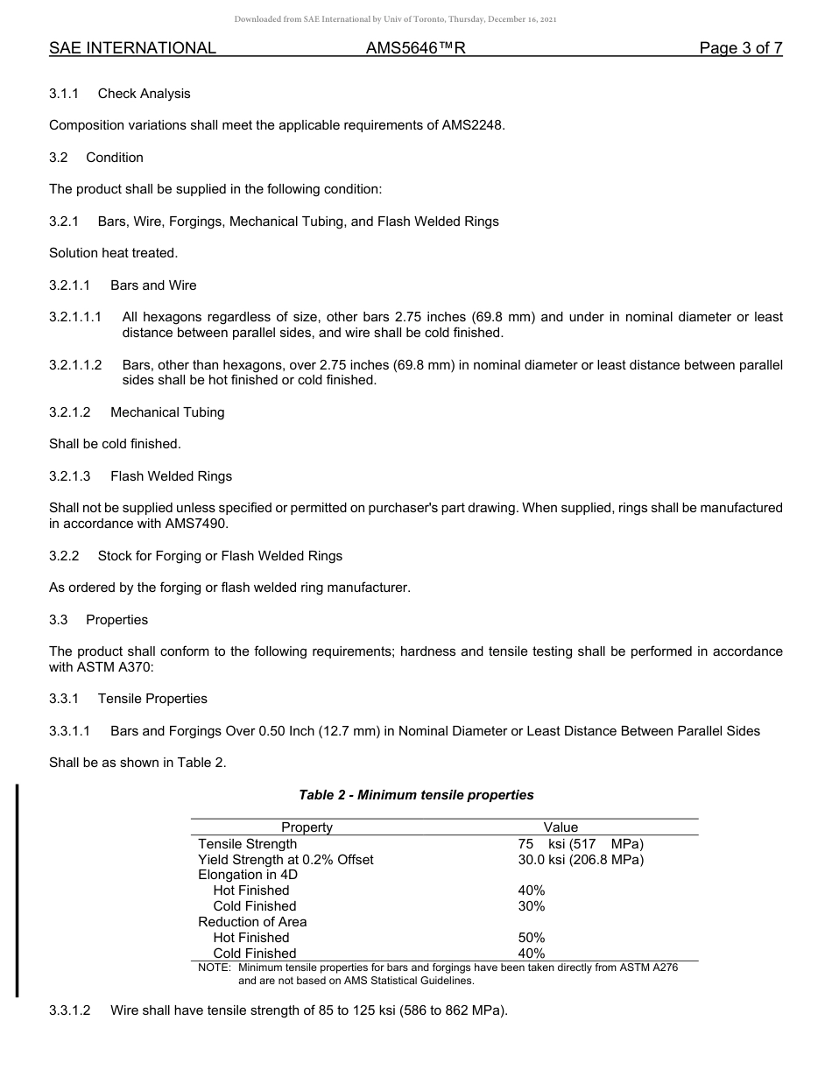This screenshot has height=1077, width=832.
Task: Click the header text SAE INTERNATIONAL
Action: [132, 48]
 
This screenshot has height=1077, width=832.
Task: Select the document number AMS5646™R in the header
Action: [415, 48]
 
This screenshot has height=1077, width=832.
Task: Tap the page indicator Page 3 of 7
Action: [740, 48]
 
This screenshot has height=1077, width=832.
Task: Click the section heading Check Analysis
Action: [144, 94]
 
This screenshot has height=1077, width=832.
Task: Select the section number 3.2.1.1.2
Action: [75, 364]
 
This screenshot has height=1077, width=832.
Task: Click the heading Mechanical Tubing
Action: [167, 412]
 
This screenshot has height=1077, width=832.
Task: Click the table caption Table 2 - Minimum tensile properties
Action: [416, 795]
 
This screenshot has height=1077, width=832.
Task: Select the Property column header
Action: [307, 827]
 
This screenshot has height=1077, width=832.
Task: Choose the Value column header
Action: [561, 827]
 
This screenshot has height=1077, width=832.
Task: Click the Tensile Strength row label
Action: [248, 844]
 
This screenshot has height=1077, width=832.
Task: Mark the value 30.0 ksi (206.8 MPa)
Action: [581, 860]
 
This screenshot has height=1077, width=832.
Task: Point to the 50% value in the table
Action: [532, 938]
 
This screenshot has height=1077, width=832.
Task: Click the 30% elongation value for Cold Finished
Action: [532, 906]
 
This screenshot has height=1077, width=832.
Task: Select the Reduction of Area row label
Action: [252, 922]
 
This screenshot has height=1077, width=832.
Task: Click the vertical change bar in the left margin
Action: [17, 891]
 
